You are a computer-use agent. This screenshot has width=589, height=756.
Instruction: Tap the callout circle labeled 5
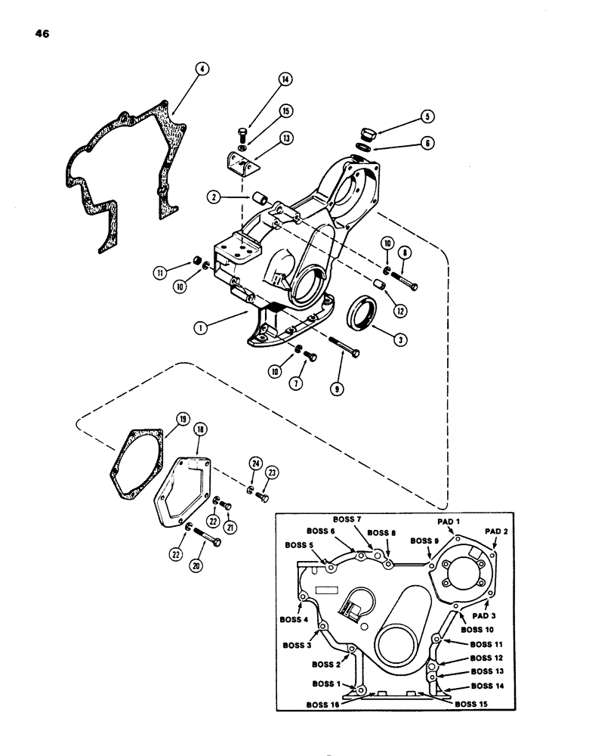click(x=427, y=117)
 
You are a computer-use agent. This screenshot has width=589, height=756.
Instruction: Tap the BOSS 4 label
click(x=295, y=619)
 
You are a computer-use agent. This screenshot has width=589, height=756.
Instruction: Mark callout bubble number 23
click(x=270, y=472)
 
